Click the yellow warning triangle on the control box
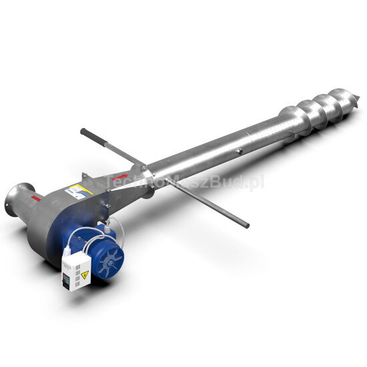(x=84, y=274)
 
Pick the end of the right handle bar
(x=247, y=226)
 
